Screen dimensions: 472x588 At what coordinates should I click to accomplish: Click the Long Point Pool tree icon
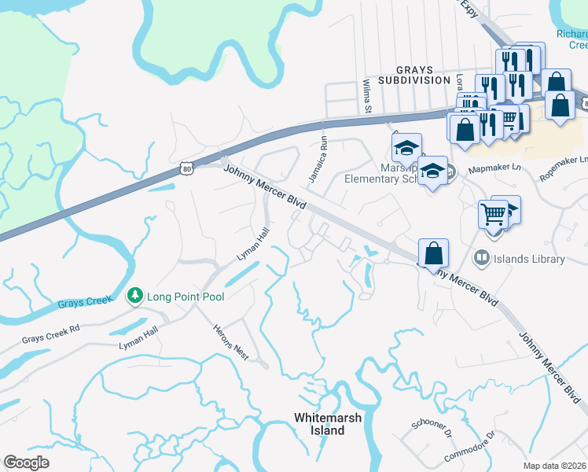[135, 297]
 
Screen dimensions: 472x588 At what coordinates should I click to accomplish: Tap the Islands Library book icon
[480, 258]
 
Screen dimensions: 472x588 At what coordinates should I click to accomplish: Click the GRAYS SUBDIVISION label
[413, 75]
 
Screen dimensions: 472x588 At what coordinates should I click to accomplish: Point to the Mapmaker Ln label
[494, 168]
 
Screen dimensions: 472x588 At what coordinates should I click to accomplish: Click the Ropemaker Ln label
[563, 169]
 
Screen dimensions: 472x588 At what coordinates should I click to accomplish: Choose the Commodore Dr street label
[469, 446]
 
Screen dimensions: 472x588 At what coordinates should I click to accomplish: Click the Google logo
[26, 463]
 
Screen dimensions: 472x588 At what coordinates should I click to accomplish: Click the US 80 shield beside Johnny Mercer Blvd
[186, 168]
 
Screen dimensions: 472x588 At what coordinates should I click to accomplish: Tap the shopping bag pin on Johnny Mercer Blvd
[433, 254]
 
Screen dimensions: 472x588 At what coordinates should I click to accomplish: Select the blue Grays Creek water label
[81, 303]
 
